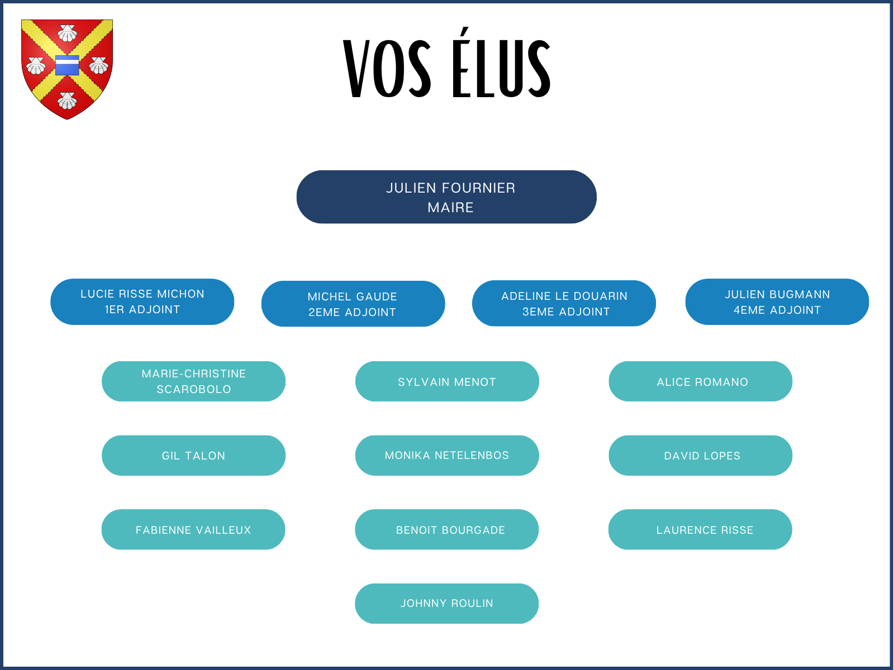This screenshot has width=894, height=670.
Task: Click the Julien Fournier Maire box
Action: click(x=446, y=197)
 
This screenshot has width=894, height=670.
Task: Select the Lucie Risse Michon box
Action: click(x=142, y=301)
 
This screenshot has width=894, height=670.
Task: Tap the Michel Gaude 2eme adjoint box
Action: click(x=353, y=304)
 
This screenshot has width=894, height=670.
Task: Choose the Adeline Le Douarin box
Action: click(x=564, y=303)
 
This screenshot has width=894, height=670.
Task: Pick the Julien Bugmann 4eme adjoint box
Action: click(x=777, y=301)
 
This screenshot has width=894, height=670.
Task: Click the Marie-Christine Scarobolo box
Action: click(x=193, y=381)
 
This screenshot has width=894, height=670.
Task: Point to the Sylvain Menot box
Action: click(x=447, y=381)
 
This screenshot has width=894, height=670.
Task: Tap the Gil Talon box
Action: click(x=193, y=456)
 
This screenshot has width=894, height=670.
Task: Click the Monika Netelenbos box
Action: click(x=447, y=456)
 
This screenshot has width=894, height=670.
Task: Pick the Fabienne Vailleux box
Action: click(x=193, y=529)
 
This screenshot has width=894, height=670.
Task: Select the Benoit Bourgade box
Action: click(x=447, y=529)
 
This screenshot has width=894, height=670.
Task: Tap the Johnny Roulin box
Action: click(x=447, y=604)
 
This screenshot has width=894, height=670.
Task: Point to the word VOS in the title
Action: click(x=387, y=69)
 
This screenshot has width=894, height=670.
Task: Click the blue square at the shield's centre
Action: click(x=67, y=65)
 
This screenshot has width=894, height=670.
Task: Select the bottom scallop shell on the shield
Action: click(x=67, y=100)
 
